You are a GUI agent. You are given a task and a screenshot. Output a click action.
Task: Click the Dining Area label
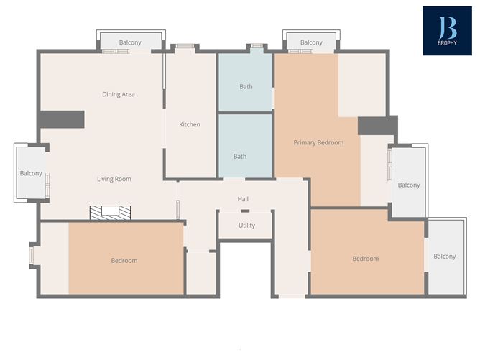(x=119, y=94)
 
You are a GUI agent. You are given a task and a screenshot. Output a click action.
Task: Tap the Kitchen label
(x=190, y=124)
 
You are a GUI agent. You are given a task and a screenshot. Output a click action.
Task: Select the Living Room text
(x=114, y=179)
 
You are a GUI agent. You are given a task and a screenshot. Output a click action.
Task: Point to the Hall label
(x=243, y=199)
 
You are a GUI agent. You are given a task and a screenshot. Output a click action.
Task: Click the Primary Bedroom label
(x=318, y=142)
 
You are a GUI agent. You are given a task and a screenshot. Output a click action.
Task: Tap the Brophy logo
(x=447, y=31)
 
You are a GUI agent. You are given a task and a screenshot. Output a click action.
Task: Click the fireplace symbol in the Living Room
(x=111, y=212)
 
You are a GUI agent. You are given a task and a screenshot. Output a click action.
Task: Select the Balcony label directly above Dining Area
(x=130, y=42)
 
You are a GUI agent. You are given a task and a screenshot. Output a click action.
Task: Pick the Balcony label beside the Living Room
(x=31, y=173)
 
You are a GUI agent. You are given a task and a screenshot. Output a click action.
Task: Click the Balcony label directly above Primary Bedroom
(x=311, y=42)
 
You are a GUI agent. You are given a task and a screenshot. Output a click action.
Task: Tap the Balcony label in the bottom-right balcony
(x=445, y=257)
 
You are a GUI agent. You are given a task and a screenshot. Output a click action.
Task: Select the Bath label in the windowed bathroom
(x=246, y=87)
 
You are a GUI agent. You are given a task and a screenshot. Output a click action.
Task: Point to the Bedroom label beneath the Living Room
(x=124, y=260)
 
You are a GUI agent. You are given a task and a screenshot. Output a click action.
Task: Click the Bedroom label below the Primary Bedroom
(x=365, y=259)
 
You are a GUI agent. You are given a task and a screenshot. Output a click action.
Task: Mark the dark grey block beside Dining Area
(x=62, y=119)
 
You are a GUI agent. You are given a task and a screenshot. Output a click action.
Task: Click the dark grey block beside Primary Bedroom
(x=377, y=125)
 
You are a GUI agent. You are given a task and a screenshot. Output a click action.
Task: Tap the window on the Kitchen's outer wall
(x=185, y=47)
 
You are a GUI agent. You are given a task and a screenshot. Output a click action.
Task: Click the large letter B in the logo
(x=447, y=26)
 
